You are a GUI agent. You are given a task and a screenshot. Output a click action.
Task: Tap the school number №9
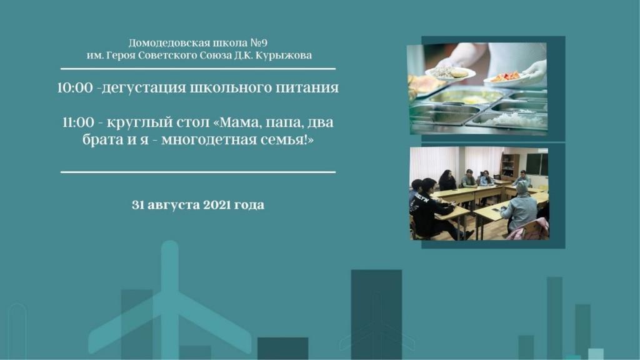tap(259, 43)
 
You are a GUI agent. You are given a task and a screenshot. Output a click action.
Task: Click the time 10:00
tap(75, 87)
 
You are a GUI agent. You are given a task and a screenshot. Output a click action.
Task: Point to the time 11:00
tap(78, 122)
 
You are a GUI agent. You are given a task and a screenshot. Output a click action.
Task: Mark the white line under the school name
tap(198, 69)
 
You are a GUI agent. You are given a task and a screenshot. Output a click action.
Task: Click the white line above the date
tap(198, 172)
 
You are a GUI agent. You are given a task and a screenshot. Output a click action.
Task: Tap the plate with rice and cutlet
tap(450, 74)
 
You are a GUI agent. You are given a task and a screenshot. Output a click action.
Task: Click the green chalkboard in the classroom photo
tap(536, 164)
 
